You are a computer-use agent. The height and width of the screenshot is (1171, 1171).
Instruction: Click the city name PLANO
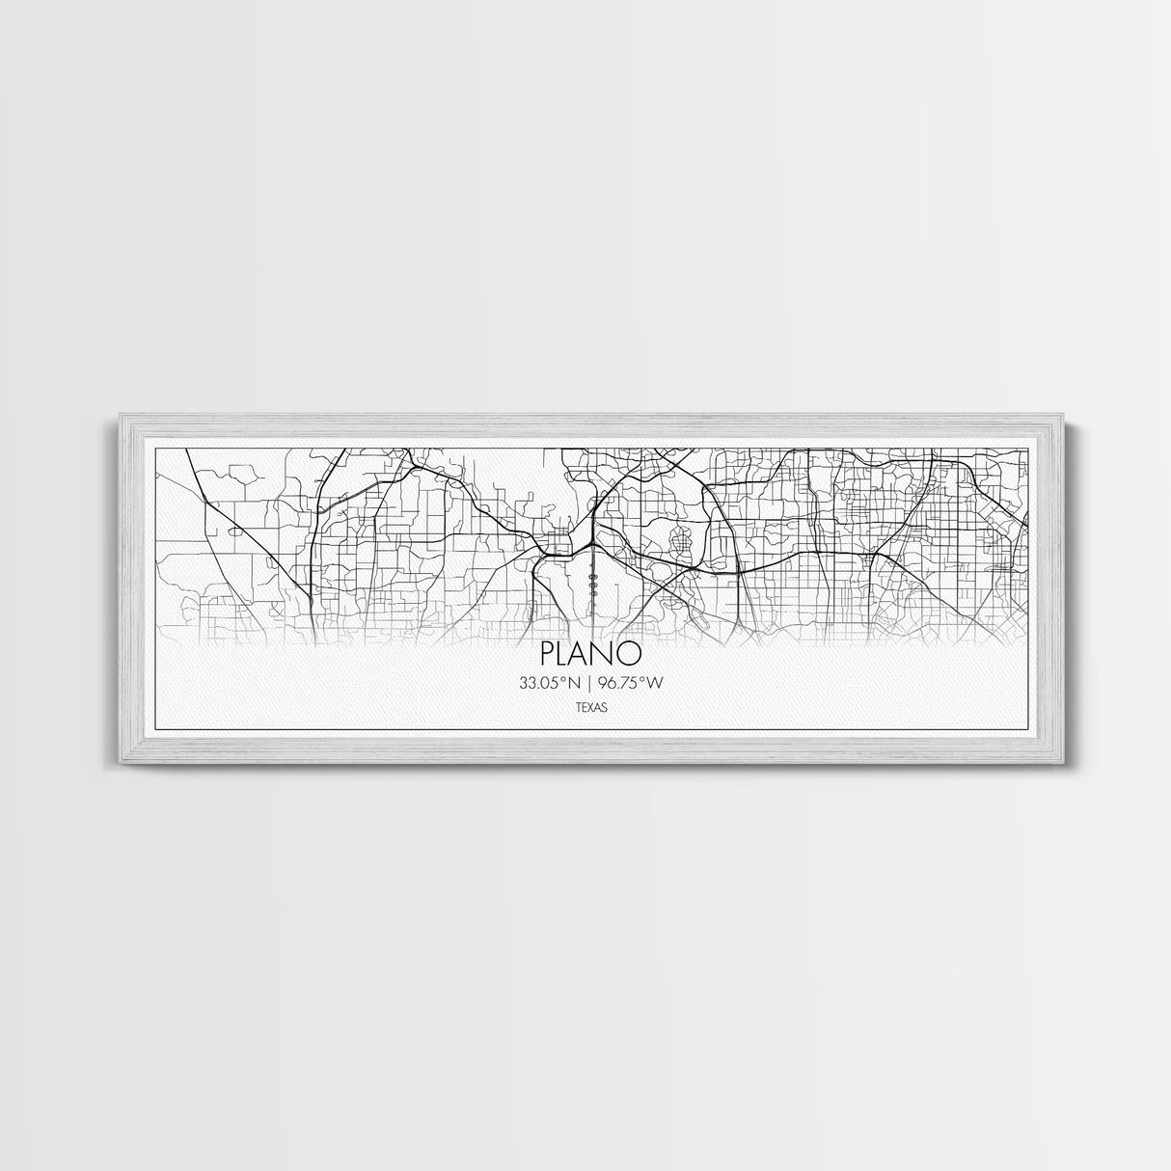point(591,653)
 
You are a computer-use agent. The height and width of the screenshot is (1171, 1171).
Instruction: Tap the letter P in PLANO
point(550,653)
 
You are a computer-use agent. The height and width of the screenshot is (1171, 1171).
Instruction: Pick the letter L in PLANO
point(567,653)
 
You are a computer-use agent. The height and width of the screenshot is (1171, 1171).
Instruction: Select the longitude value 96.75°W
point(632,683)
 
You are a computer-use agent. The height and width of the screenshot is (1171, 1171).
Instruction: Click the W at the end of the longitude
point(659,683)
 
